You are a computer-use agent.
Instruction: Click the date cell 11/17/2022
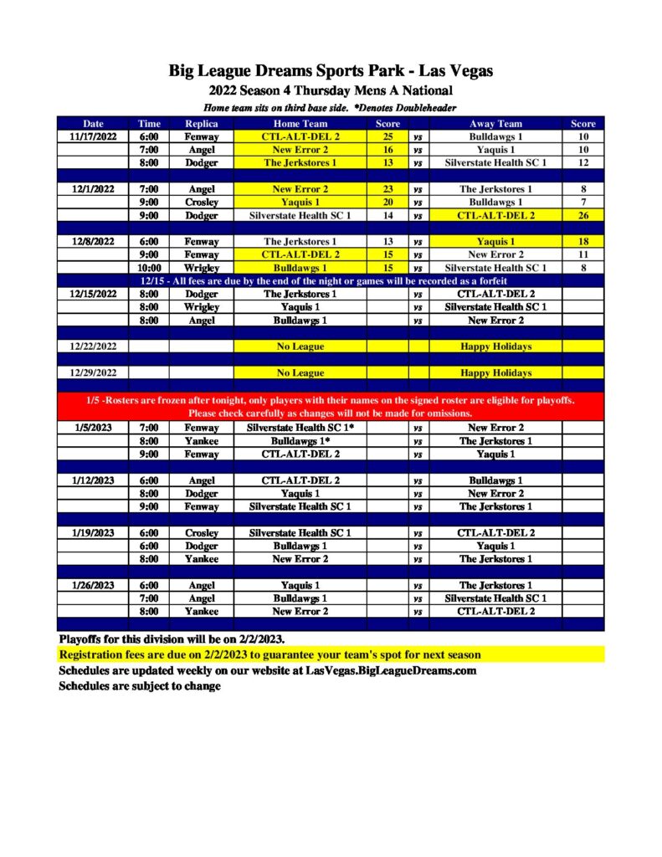(x=94, y=136)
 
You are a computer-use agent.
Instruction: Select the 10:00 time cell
(x=149, y=268)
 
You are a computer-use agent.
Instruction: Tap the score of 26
(x=582, y=215)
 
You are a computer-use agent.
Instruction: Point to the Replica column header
(x=201, y=124)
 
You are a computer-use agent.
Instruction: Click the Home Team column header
(x=300, y=124)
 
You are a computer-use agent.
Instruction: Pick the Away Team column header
(x=495, y=124)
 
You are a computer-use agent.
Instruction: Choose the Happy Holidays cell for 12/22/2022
(x=495, y=346)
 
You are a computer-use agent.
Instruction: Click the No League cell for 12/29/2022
(x=300, y=372)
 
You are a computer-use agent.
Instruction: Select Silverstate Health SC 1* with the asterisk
(x=300, y=428)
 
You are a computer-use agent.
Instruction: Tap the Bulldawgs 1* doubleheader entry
(x=300, y=441)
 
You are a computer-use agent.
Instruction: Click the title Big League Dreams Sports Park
(x=331, y=71)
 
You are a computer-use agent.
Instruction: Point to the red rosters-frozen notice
(x=331, y=407)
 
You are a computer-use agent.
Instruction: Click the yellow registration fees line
(x=269, y=654)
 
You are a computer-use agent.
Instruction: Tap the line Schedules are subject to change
(x=140, y=686)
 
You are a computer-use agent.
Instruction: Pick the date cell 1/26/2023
(x=94, y=585)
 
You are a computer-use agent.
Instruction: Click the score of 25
(x=387, y=136)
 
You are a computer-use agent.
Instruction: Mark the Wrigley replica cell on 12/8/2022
(x=201, y=268)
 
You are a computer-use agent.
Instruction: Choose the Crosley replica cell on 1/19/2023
(x=201, y=533)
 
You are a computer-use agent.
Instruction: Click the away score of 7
(x=582, y=202)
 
